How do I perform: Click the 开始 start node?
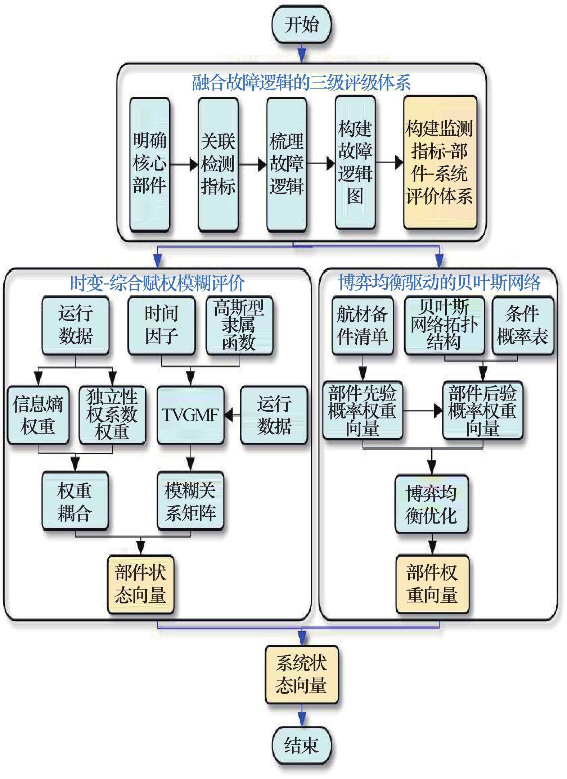[x=301, y=25]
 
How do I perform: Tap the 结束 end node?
[x=301, y=745]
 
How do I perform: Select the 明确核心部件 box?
[x=149, y=164]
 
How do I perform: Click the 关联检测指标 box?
[x=218, y=164]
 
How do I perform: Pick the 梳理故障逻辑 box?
[x=287, y=164]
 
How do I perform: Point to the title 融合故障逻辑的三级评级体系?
[x=301, y=83]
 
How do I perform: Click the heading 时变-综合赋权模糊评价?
[x=157, y=283]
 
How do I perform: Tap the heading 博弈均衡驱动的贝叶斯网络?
[x=439, y=282]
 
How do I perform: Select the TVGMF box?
[x=190, y=415]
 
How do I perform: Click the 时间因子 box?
[x=162, y=325]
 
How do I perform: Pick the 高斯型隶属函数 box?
[x=239, y=325]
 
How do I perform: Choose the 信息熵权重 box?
[x=38, y=415]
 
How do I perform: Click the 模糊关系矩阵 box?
[x=190, y=501]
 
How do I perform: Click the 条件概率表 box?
[x=523, y=325]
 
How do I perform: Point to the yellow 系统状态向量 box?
[x=301, y=674]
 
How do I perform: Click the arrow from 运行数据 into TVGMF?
[x=232, y=415]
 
